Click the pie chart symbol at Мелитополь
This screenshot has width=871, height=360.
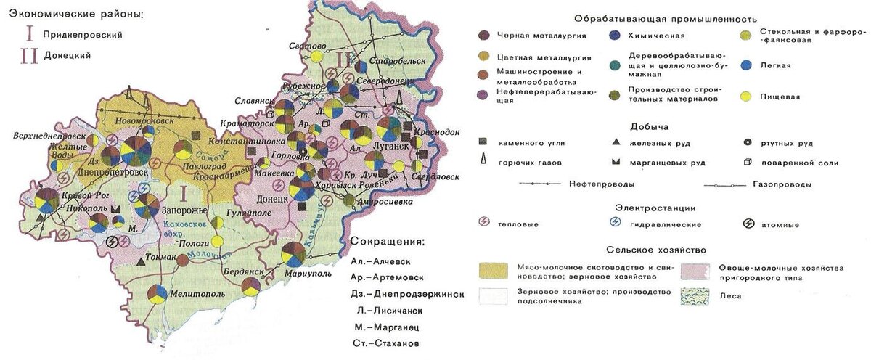[163, 296]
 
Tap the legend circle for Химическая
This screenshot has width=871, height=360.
[613, 35]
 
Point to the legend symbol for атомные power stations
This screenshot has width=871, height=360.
[748, 224]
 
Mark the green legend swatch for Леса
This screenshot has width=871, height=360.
[696, 298]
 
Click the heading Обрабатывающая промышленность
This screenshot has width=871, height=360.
[665, 18]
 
